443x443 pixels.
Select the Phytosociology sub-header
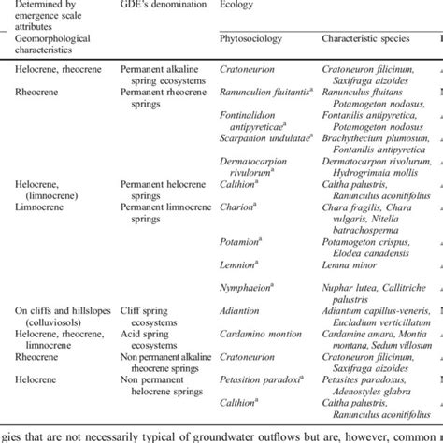point(251,40)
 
